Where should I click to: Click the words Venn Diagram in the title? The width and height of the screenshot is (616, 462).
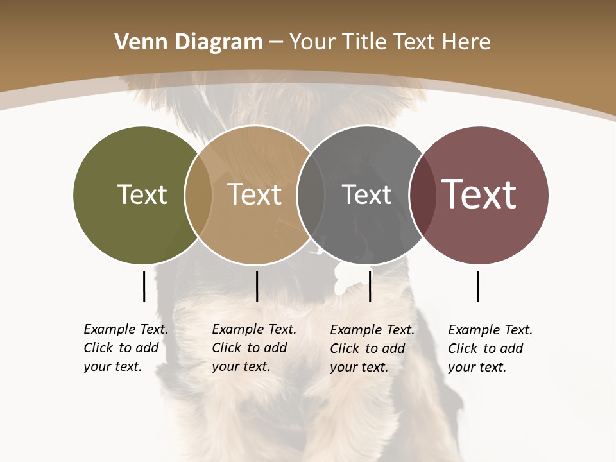click(189, 42)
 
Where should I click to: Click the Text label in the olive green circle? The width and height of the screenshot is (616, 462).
click(142, 194)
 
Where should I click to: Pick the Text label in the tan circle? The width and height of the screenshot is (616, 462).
click(254, 194)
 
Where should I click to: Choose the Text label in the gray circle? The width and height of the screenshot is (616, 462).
click(366, 194)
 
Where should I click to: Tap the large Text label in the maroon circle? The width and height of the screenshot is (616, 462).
click(479, 194)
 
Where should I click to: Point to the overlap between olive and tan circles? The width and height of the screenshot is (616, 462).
click(198, 194)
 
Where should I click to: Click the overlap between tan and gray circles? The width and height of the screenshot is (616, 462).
click(311, 194)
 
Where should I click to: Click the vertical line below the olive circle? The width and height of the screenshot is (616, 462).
click(144, 286)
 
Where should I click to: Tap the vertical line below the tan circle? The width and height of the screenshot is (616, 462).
click(257, 286)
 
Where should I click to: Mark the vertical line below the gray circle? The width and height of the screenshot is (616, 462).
click(370, 286)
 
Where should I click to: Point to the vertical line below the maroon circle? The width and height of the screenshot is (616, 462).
click(477, 286)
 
